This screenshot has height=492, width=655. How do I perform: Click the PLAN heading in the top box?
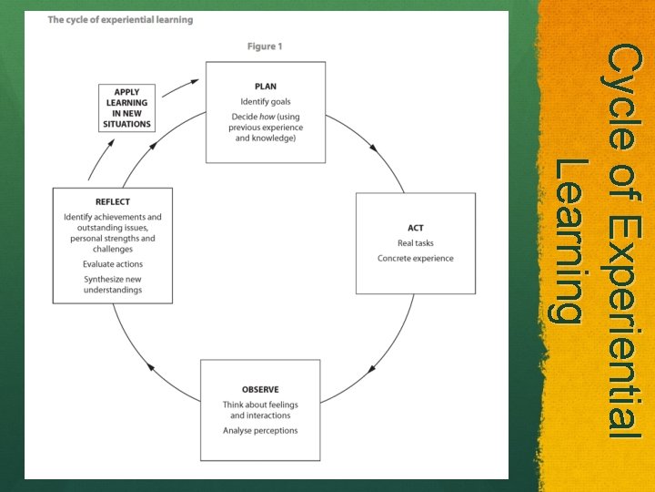(266, 87)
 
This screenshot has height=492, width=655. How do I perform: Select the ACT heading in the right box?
(415, 228)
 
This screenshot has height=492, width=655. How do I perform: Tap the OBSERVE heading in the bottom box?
(259, 389)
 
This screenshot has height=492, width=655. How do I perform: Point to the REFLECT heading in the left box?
(113, 201)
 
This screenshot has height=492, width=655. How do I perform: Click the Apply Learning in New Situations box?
(126, 108)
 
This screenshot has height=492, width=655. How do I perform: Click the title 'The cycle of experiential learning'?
(120, 20)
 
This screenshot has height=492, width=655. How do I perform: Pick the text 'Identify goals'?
(266, 101)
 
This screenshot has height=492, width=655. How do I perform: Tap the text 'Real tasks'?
(415, 243)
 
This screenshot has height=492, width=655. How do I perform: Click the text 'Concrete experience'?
(415, 258)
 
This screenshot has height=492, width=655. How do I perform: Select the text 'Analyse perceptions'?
(260, 430)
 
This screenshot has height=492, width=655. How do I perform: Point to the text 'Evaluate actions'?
(113, 264)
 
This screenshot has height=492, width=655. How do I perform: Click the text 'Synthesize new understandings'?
(113, 284)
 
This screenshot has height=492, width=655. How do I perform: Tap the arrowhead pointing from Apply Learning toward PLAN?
(193, 82)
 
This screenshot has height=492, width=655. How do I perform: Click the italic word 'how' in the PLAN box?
(270, 117)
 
